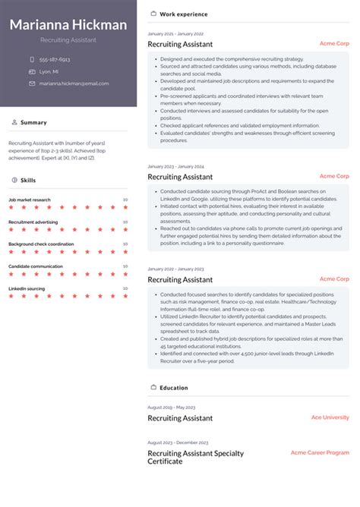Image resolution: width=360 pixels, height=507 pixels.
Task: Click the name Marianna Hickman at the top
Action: click(68, 25)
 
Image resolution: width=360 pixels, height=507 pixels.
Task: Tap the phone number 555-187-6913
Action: click(55, 59)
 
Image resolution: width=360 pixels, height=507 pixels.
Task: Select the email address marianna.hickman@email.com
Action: click(74, 83)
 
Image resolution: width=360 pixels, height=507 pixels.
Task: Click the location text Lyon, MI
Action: click(49, 71)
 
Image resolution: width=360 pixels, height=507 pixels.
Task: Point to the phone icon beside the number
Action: click(32, 59)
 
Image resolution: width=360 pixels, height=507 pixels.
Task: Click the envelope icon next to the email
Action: click(32, 83)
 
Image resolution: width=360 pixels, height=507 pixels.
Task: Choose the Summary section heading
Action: click(33, 122)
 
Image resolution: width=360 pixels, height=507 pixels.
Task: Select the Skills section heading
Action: click(28, 180)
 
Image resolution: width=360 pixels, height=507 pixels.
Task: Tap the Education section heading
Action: click(173, 388)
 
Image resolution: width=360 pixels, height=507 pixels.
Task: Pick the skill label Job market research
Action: click(30, 200)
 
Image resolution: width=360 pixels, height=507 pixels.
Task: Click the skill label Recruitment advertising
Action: click(33, 222)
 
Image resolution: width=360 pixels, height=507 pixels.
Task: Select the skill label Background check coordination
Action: click(41, 244)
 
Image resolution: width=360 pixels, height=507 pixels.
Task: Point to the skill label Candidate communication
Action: click(36, 266)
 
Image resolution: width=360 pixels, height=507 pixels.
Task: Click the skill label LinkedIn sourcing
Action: click(27, 288)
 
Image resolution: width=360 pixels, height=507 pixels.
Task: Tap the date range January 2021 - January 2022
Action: click(175, 34)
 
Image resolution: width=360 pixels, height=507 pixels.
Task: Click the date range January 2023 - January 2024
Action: click(175, 166)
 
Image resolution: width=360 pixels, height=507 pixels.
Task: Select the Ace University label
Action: click(330, 417)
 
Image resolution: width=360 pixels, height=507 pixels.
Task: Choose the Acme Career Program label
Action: click(320, 452)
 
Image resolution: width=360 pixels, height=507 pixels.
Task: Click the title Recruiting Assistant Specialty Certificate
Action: click(195, 457)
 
